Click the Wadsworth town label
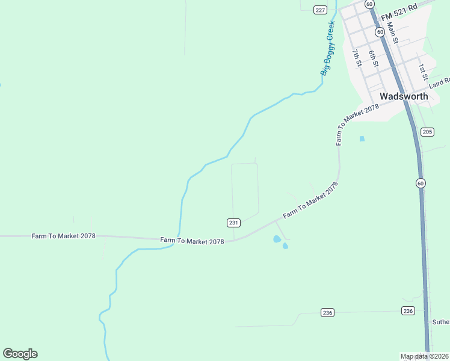[x=404, y=96]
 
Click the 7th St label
[x=357, y=58]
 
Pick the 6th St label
[x=374, y=58]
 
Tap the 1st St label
[x=423, y=72]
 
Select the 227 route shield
[x=320, y=9]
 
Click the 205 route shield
[x=427, y=132]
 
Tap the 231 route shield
[x=234, y=223]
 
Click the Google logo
[x=20, y=354]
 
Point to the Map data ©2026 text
[x=425, y=356]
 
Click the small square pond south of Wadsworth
[x=362, y=138]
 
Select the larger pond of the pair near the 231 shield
[x=277, y=239]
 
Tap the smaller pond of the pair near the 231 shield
[x=285, y=245]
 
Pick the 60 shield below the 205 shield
[x=421, y=183]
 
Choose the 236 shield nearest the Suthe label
[x=408, y=310]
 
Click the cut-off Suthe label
[x=440, y=322]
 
